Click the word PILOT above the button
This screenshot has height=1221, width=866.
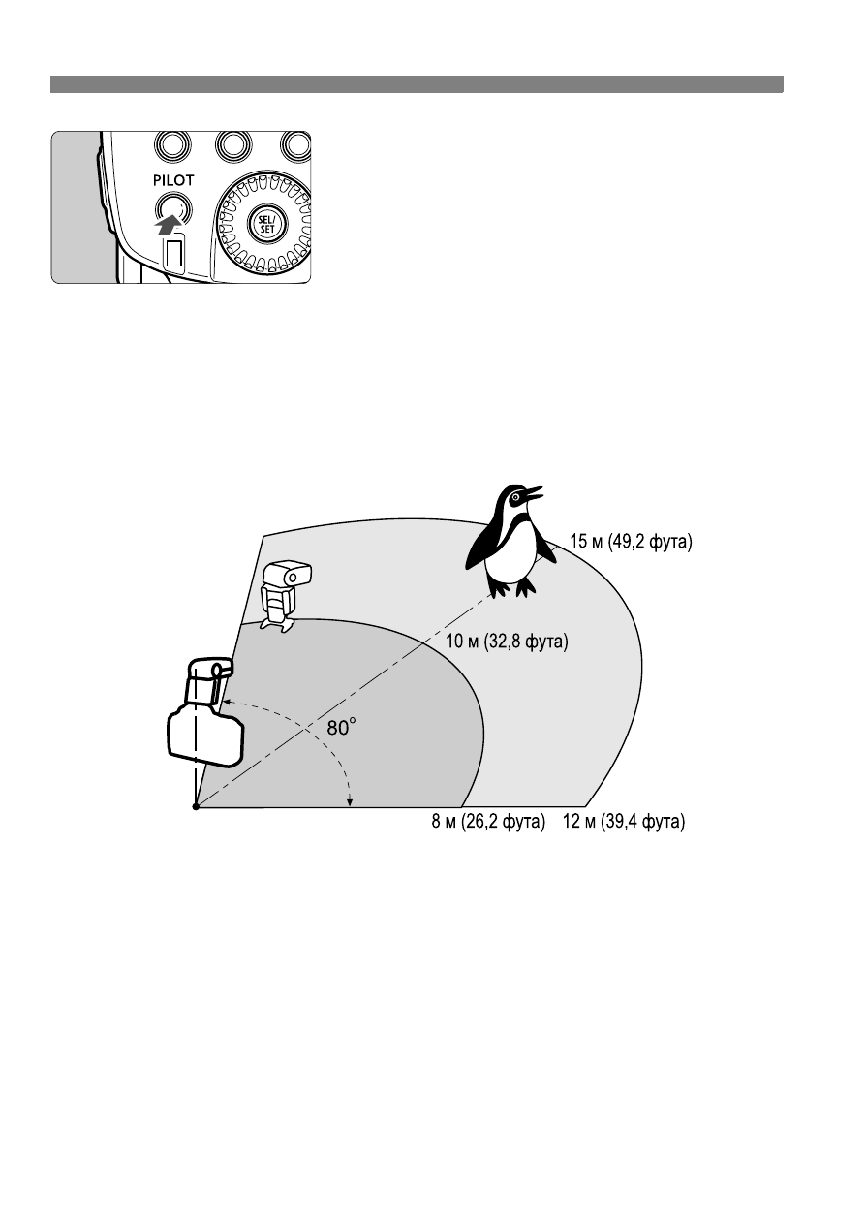[x=173, y=180]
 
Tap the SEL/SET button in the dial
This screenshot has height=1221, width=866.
[x=266, y=225]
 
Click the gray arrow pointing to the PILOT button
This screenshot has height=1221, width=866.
[x=168, y=224]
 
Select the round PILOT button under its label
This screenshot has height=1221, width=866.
[x=173, y=208]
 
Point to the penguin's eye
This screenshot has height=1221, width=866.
[x=514, y=498]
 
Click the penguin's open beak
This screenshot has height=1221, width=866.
[x=533, y=492]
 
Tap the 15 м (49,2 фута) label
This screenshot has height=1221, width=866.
[x=631, y=542]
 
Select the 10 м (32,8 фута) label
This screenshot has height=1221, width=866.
[x=507, y=642]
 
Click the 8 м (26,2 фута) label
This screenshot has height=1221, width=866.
[x=488, y=821]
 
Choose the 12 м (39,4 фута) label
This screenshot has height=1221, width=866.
[x=624, y=821]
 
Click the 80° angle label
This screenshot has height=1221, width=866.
[x=341, y=727]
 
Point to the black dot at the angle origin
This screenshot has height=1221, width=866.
[x=196, y=806]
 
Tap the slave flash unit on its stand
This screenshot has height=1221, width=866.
[x=285, y=596]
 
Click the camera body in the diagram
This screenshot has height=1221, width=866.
[x=205, y=735]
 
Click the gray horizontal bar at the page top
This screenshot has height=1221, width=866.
[x=417, y=84]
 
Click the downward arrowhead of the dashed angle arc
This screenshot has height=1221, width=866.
[x=350, y=801]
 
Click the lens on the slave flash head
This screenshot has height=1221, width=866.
[x=294, y=576]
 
